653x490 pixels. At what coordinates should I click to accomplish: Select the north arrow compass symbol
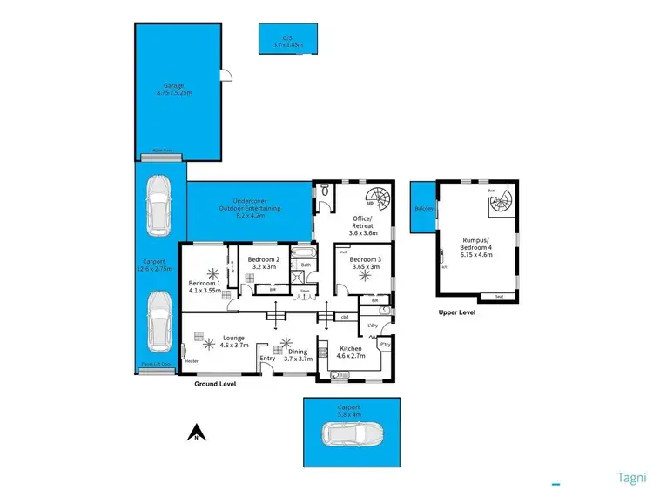point(197,431)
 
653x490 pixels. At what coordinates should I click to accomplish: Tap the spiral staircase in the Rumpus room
point(500,205)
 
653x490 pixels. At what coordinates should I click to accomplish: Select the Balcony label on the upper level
point(424,209)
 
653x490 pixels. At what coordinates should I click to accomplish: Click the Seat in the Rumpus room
point(499,297)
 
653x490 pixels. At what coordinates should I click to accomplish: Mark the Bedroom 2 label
point(263,259)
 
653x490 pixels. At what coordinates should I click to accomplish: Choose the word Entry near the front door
point(267,358)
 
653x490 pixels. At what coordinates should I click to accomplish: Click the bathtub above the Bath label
point(306,252)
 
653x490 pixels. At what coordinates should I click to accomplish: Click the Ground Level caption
point(213,383)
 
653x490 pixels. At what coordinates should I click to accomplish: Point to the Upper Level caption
point(456,312)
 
